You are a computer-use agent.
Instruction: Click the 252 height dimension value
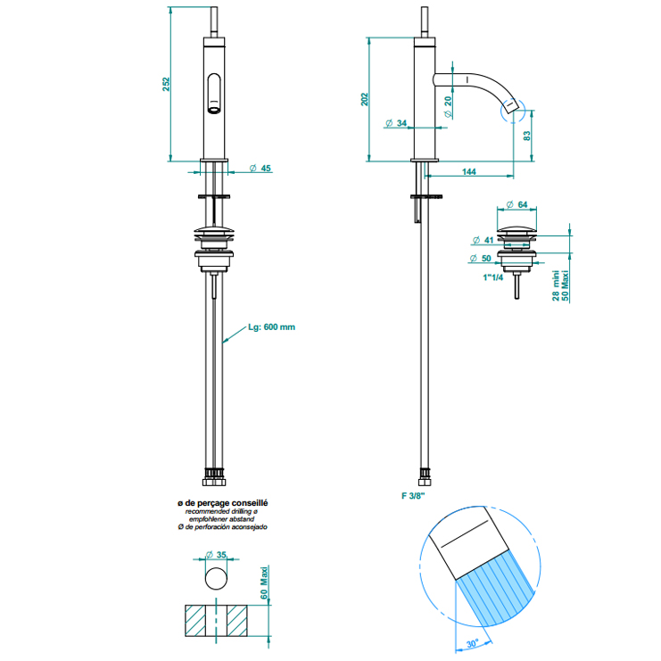(x=165, y=83)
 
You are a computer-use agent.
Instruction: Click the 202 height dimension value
(x=364, y=99)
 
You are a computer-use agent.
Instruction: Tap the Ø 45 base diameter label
(x=260, y=168)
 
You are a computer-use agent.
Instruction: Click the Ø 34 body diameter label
(x=396, y=122)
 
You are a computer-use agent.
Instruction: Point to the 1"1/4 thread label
(x=491, y=277)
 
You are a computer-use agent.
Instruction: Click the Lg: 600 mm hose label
(x=271, y=327)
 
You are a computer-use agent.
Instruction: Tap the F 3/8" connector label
(x=413, y=494)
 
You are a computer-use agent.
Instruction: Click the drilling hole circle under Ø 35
(x=216, y=579)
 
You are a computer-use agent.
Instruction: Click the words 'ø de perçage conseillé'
(x=223, y=504)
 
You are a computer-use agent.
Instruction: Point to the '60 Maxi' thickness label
(x=265, y=583)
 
